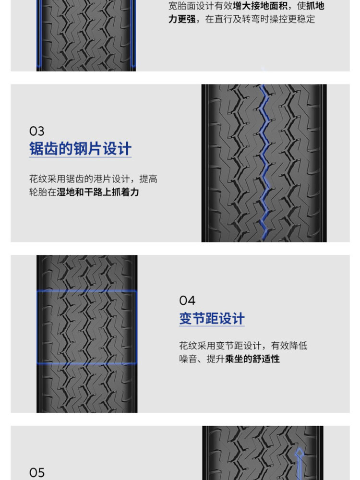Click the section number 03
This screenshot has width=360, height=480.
[x=37, y=132]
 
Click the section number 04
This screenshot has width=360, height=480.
[x=187, y=300]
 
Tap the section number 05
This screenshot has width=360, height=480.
[x=37, y=472]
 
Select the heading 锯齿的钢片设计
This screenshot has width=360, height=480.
[x=80, y=148]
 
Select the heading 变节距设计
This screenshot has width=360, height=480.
[x=212, y=318]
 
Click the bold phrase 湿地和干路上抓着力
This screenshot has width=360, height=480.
[x=98, y=192]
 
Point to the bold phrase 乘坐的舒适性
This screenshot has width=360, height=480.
[x=252, y=359]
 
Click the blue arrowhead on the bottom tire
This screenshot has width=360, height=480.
[x=300, y=453]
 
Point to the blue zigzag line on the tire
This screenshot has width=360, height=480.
[x=264, y=162]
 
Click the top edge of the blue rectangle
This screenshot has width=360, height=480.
[x=86, y=291]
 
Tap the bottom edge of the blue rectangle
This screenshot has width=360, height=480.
[x=86, y=363]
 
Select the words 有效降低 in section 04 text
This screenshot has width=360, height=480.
[x=289, y=346]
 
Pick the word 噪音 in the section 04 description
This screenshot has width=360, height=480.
[x=188, y=359]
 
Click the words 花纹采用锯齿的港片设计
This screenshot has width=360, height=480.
[x=79, y=179]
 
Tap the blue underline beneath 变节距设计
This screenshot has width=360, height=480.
[x=212, y=326]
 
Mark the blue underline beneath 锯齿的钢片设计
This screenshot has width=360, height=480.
[x=80, y=157]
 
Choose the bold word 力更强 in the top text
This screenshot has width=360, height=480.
[x=182, y=19]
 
